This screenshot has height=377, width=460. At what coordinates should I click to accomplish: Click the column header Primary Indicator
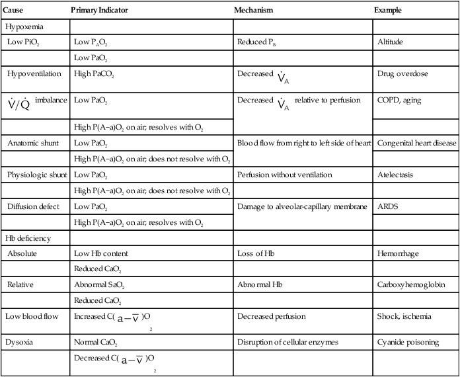(99, 11)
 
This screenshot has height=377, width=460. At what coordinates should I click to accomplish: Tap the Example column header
(388, 11)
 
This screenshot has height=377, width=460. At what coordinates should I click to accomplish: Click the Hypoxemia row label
(26, 27)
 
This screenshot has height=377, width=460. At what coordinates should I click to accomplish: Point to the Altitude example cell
(391, 42)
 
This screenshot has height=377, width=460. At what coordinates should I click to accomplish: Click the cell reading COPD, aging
(399, 101)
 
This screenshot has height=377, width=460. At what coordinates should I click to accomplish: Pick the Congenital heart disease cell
(416, 143)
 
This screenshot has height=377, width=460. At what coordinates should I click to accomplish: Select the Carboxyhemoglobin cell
(410, 284)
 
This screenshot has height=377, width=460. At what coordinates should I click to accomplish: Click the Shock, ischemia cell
(404, 317)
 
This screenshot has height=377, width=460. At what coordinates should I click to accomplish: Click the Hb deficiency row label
(30, 237)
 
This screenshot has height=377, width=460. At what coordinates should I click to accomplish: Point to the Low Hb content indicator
(100, 253)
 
